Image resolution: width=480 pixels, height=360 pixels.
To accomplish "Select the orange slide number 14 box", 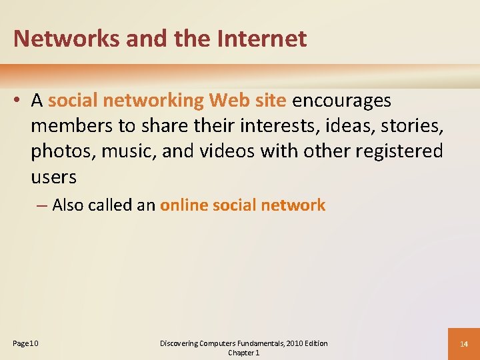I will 464,343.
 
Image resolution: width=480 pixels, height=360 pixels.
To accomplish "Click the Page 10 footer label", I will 26,343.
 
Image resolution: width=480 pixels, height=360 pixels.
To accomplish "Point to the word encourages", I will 342,101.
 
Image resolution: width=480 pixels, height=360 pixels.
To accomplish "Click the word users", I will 54,177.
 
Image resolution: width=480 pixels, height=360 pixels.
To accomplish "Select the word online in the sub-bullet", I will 185,205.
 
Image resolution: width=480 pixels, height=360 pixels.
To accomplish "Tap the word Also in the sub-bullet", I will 69,205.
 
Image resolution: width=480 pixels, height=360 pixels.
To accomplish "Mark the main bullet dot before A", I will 19,101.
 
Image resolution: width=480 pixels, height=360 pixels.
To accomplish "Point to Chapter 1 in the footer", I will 243,353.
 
